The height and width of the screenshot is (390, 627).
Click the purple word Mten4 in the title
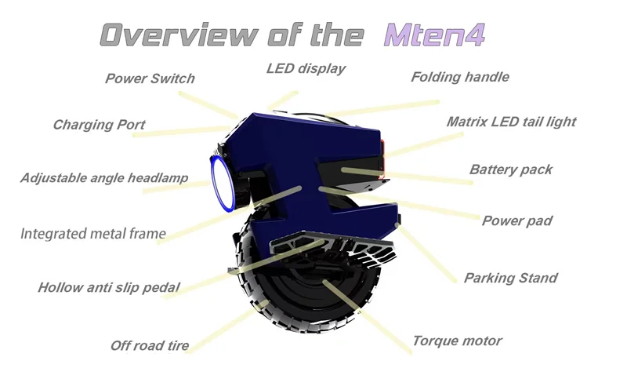click(435, 35)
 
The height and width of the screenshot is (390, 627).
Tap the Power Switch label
click(150, 78)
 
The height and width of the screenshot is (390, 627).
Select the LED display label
click(306, 69)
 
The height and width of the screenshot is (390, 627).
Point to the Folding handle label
click(460, 77)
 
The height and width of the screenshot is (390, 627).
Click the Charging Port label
click(100, 125)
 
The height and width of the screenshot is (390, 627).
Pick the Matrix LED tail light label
click(512, 122)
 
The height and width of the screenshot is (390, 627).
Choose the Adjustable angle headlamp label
click(104, 178)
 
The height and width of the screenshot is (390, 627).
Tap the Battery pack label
click(511, 169)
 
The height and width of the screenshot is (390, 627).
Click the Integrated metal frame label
click(93, 233)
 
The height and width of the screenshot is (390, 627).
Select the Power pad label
click(517, 221)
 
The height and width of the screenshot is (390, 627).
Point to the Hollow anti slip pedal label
click(109, 287)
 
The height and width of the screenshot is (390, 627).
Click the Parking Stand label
click(511, 278)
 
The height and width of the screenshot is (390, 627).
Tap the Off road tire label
click(150, 345)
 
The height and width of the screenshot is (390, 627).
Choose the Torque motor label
click(457, 341)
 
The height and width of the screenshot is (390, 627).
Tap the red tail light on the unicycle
click(382, 159)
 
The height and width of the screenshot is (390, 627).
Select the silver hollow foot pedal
click(332, 248)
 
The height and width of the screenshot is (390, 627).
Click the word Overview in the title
click(179, 35)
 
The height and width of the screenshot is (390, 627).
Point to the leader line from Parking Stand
click(426, 253)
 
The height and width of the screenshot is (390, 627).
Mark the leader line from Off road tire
click(227, 326)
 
